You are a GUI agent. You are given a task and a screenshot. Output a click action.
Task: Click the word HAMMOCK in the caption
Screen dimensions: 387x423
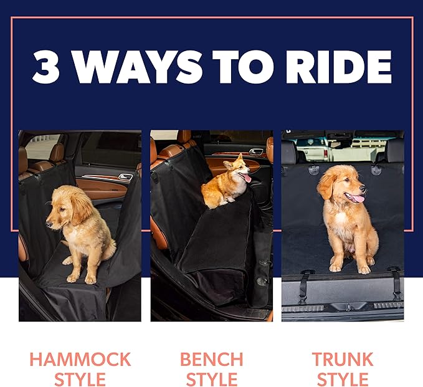click(80, 360)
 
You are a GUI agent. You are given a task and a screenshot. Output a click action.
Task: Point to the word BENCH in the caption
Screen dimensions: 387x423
click(212, 360)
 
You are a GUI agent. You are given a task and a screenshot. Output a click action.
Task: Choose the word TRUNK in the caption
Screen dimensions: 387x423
click(342, 360)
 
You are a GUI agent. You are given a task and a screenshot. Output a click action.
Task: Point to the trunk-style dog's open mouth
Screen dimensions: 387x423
click(356, 198)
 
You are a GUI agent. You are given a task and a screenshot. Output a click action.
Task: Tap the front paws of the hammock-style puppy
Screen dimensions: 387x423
click(80, 275)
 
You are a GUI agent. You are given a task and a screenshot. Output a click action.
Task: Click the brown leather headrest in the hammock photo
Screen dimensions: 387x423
click(57, 152)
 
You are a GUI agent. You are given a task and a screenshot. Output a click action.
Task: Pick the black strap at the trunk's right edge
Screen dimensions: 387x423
click(395, 284)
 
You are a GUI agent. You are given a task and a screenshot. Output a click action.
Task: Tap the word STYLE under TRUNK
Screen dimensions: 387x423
click(342, 379)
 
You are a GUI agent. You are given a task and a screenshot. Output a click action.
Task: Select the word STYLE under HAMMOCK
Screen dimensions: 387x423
click(80, 379)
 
